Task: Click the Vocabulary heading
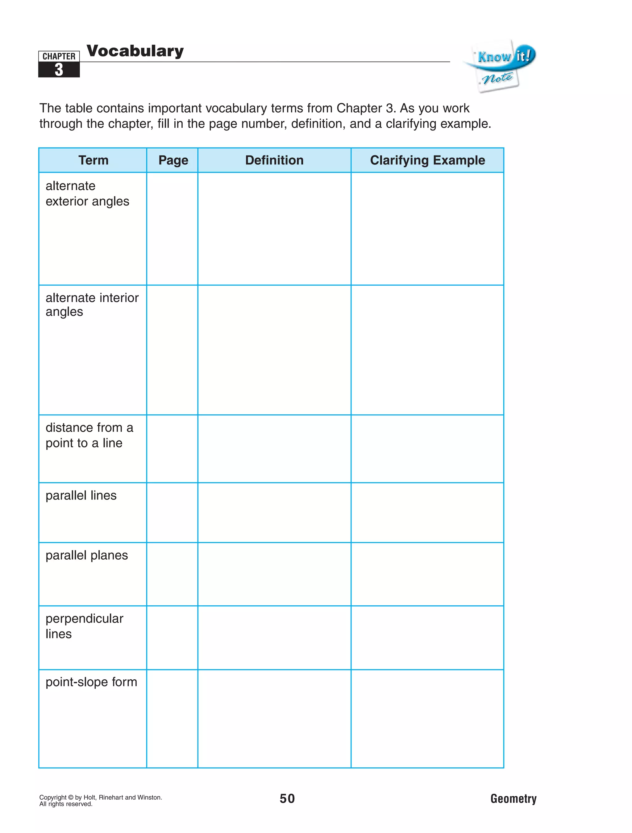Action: click(x=135, y=51)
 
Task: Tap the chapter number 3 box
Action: click(x=59, y=70)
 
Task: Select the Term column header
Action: click(x=93, y=160)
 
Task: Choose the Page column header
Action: click(x=173, y=160)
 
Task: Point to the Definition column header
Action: click(x=274, y=160)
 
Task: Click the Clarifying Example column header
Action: click(x=427, y=160)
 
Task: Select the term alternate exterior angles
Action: click(x=87, y=193)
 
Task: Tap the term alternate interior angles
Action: click(x=92, y=305)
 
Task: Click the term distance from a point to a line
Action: click(x=89, y=435)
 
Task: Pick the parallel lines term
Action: click(x=81, y=495)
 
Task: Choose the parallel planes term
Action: click(x=87, y=555)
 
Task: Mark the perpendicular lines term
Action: click(x=84, y=626)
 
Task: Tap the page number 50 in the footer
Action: click(x=287, y=798)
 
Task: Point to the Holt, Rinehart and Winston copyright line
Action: click(x=101, y=797)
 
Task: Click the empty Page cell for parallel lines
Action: click(x=172, y=512)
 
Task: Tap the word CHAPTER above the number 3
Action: click(x=59, y=56)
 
